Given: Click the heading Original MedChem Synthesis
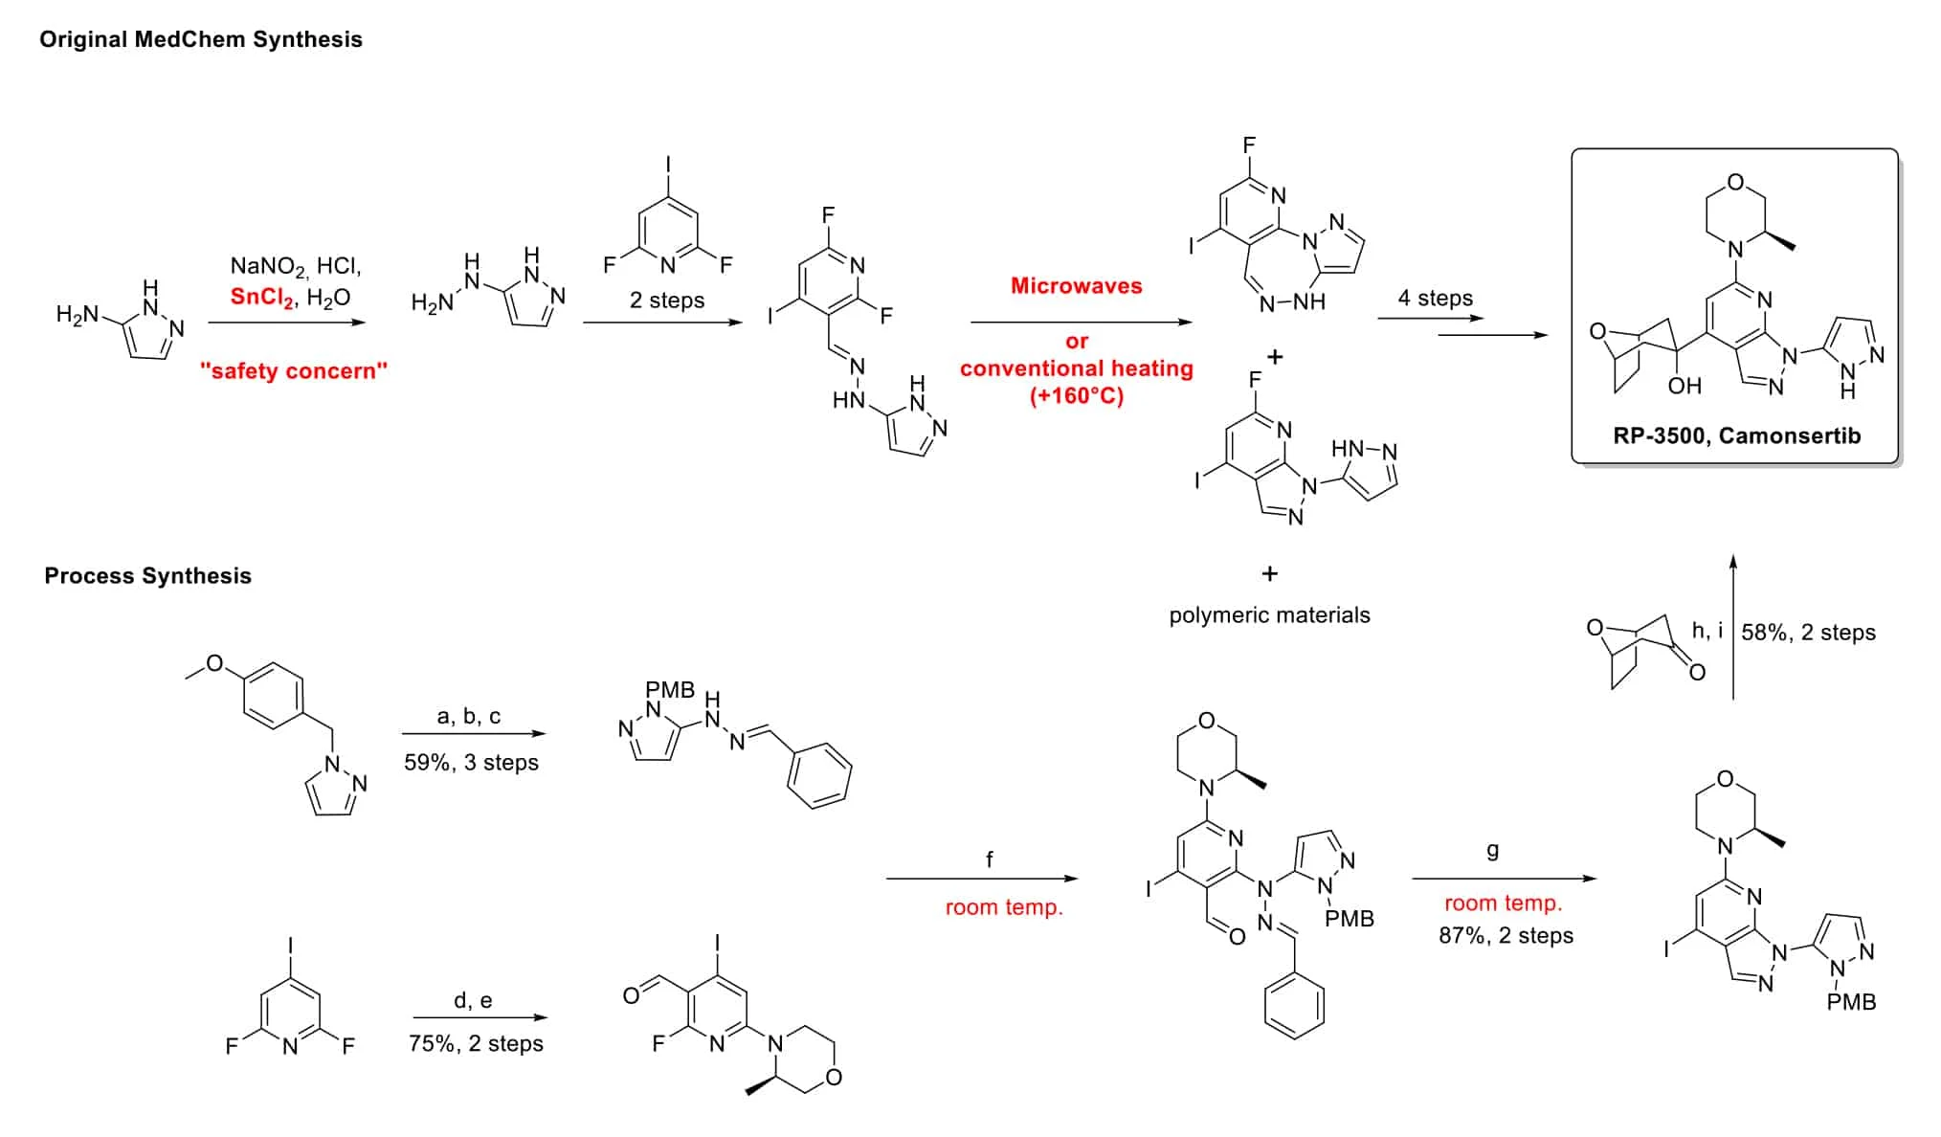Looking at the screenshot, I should tap(201, 39).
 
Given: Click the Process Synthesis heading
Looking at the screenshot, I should tap(148, 575).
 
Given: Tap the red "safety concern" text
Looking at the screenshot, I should tap(294, 371).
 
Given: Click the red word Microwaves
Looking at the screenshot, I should tap(1076, 285).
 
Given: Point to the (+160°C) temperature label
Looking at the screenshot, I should tap(1076, 395).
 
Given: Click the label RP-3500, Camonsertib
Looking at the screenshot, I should tap(1736, 435).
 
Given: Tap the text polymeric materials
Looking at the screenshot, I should tap(1269, 614).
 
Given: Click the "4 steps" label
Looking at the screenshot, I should tap(1435, 298).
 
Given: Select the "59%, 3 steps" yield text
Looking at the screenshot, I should tap(471, 763).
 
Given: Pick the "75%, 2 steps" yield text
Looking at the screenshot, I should tap(476, 1043).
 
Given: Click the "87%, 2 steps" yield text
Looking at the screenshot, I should tap(1506, 935).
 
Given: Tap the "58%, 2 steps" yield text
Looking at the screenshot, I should tap(1808, 632).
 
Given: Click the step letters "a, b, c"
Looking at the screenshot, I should tap(468, 716).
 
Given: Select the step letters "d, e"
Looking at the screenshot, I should tap(473, 1000).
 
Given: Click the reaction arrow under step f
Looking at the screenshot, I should tap(981, 879).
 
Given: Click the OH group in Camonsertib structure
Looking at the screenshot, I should tap(1684, 386).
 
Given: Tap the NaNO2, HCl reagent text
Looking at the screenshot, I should tap(296, 266).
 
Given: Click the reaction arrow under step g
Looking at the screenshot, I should tap(1504, 879).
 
